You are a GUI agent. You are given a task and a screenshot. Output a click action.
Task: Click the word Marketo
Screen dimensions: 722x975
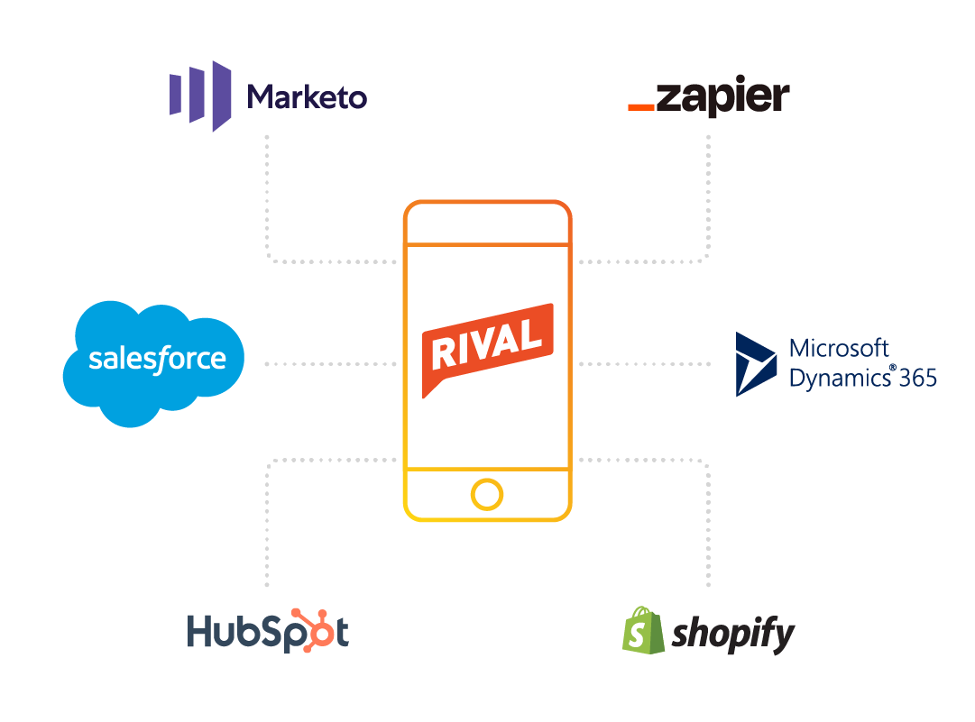click(x=308, y=96)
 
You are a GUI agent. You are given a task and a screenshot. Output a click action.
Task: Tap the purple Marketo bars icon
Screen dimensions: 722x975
click(x=200, y=96)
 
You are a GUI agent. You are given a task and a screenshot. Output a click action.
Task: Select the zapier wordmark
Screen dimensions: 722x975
click(x=722, y=97)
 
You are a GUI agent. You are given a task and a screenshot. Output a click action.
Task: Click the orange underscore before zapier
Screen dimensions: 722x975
click(x=640, y=108)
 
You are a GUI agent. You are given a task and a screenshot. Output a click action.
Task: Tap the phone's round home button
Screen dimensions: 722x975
click(x=487, y=495)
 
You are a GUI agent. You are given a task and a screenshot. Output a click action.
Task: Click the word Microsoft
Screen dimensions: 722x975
click(x=839, y=348)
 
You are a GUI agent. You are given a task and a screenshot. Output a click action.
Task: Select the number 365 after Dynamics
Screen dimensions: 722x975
click(x=917, y=377)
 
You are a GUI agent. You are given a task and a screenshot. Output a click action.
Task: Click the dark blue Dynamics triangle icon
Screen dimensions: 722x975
click(x=754, y=364)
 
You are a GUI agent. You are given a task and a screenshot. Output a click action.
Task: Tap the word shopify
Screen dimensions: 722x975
click(x=733, y=634)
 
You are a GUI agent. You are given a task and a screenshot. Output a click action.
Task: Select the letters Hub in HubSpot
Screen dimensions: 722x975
click(x=221, y=632)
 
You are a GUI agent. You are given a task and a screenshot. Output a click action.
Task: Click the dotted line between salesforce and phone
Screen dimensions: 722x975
click(x=331, y=364)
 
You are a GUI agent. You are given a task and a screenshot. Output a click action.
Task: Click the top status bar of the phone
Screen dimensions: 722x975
click(x=487, y=223)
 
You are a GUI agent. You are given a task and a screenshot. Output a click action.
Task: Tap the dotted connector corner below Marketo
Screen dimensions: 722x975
click(x=268, y=261)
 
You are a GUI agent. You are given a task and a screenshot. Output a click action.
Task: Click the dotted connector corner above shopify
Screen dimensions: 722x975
click(x=707, y=461)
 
